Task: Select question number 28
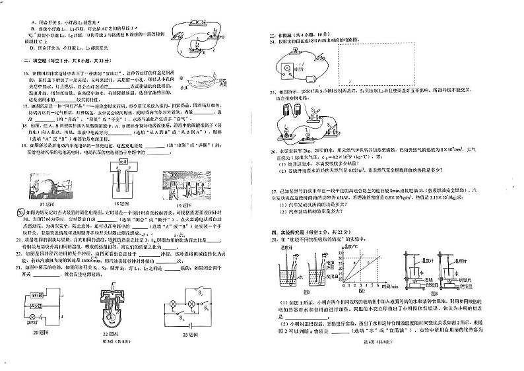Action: (x=273, y=244)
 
